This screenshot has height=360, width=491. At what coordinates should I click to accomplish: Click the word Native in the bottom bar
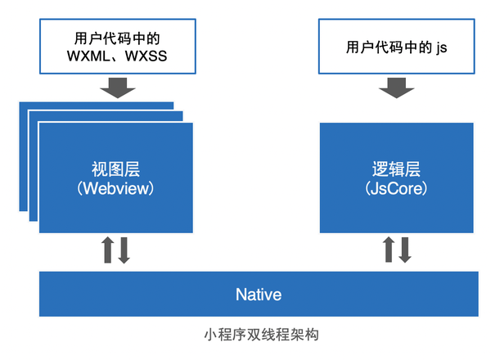258,294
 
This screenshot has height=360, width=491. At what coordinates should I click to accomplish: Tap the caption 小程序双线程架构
258,336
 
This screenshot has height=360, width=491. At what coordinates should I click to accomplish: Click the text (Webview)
115,188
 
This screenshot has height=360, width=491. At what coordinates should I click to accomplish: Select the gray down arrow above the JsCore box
395,86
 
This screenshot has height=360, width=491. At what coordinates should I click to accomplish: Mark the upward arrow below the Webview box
107,251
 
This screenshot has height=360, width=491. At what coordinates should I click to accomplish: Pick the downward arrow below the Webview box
124,251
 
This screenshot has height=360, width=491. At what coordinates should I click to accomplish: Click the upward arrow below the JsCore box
389,251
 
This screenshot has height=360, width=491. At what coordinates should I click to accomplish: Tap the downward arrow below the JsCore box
406,251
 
